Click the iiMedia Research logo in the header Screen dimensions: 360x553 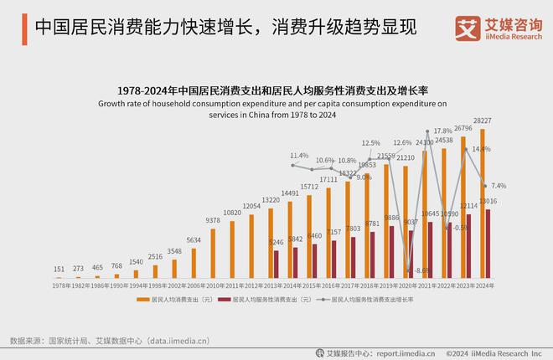click(498, 28)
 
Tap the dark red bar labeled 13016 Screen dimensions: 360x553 click(488, 243)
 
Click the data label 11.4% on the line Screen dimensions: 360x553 click(299, 156)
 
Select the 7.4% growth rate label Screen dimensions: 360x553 click(498, 186)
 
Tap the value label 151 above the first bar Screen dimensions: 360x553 click(59, 270)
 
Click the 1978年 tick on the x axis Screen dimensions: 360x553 click(59, 285)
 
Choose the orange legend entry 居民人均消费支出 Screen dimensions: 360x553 click(179, 299)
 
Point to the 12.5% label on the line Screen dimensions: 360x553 click(370, 143)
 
